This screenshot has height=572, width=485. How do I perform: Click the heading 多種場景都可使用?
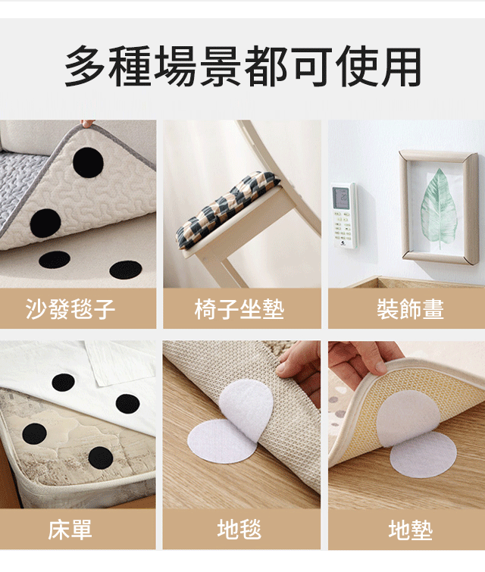(242, 67)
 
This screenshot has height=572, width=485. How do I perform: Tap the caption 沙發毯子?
(70, 309)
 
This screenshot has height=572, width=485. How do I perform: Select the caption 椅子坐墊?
(239, 309)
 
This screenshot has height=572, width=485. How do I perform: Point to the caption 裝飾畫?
(410, 309)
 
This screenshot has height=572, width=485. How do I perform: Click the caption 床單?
(70, 530)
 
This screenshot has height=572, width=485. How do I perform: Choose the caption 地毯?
(239, 529)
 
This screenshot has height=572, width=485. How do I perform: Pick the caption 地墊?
(411, 530)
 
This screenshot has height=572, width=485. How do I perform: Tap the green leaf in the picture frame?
(439, 208)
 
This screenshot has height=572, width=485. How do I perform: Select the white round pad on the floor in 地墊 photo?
(424, 455)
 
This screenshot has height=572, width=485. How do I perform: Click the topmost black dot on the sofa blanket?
(88, 163)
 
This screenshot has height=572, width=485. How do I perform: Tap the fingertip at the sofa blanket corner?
(87, 123)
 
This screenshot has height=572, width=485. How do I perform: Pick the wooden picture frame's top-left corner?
(399, 151)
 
